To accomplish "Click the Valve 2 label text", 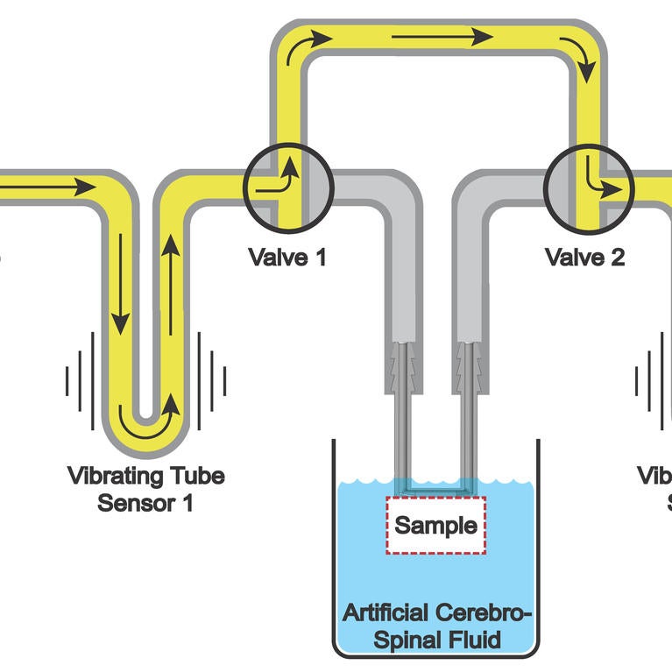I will (x=584, y=258).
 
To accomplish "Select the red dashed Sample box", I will (x=435, y=526).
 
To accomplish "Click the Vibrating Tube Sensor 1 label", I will (x=145, y=490).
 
